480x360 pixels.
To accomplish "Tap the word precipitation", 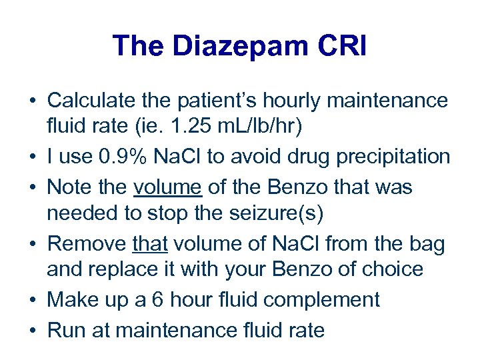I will [398, 157].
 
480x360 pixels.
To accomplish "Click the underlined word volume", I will [168, 187].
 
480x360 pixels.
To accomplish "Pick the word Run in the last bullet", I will [65, 330].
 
